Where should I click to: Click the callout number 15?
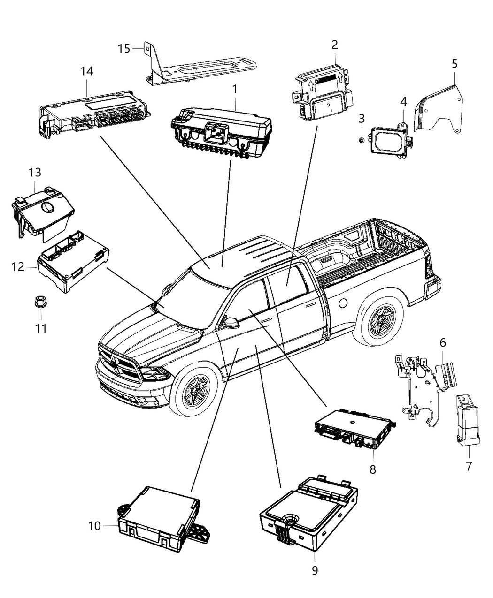pos(123,48)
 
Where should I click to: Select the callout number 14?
pos(86,71)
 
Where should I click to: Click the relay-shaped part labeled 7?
pos(467,419)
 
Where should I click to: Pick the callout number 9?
pos(315,570)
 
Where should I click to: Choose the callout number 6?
pos(442,343)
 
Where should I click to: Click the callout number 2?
pos(334,45)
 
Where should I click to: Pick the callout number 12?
pos(18,266)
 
